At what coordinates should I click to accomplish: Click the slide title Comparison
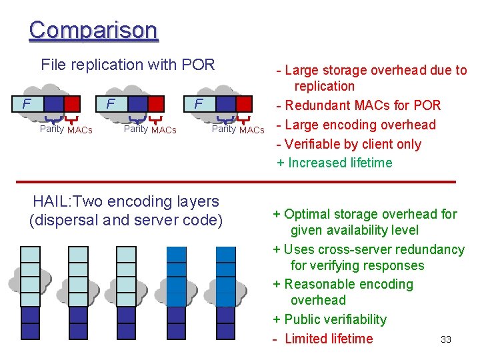tap(93, 30)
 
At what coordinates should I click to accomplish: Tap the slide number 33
tap(446, 340)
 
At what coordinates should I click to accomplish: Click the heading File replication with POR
tap(128, 65)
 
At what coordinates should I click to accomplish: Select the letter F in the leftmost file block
tap(25, 103)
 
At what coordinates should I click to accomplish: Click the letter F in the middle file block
tap(111, 103)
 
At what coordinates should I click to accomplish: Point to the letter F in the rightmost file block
tap(198, 103)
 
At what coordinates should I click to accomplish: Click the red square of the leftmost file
tap(73, 104)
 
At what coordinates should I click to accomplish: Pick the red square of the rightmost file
tap(245, 103)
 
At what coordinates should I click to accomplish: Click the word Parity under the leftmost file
tap(52, 129)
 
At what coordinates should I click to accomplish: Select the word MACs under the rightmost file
tap(252, 130)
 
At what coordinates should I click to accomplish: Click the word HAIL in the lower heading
tap(50, 201)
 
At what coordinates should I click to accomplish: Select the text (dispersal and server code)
tap(126, 220)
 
